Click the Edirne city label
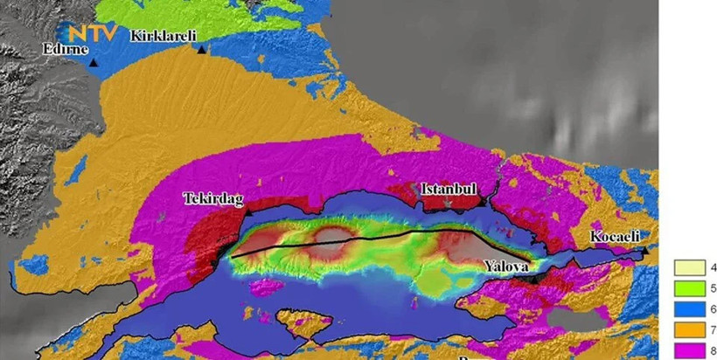click(x=66, y=49)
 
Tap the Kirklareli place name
click(x=164, y=36)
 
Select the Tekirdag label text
click(x=212, y=198)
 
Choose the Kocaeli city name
click(x=616, y=237)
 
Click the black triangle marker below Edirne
click(x=93, y=63)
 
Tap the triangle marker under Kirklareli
click(x=202, y=50)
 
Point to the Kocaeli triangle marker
click(x=644, y=251)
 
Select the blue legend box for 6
click(x=685, y=310)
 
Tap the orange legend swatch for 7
click(x=685, y=331)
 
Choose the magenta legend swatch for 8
click(x=685, y=351)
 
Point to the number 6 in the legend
click(x=710, y=310)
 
